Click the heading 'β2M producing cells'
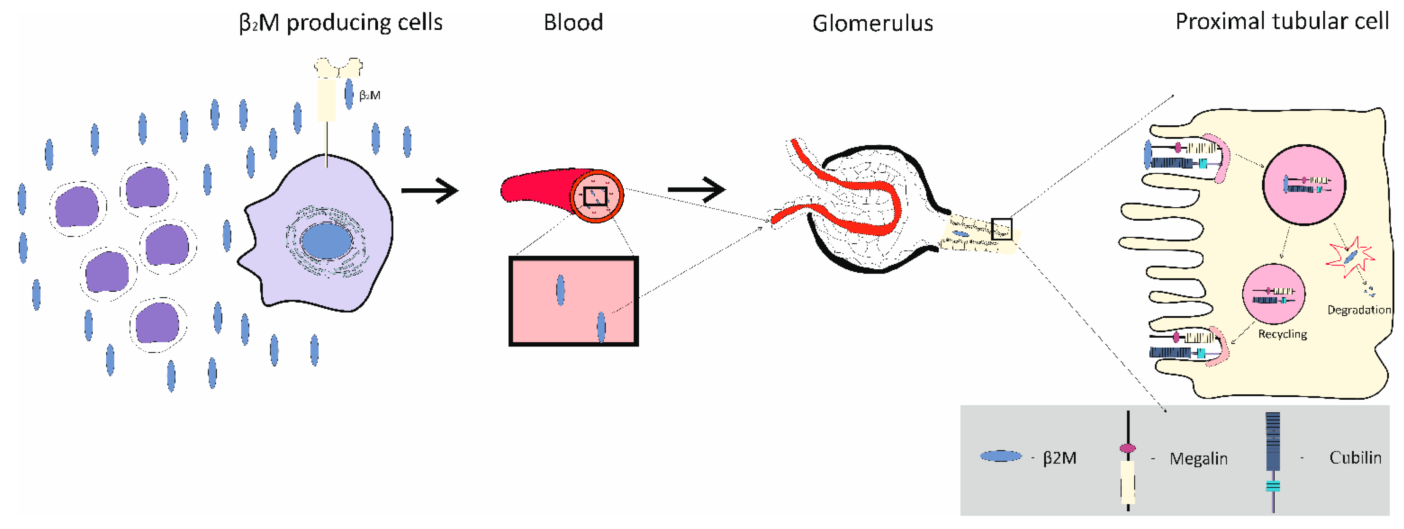coord(341,23)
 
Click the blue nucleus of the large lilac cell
coord(326,241)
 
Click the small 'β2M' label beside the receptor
coord(370,96)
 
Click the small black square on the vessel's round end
coord(595,196)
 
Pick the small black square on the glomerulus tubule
coord(1001,229)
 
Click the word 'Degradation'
coord(1359,310)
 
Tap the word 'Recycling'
coord(1282,334)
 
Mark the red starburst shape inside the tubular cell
coord(1350,257)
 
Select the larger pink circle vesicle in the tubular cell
coord(1304,185)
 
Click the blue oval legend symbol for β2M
coord(1000,456)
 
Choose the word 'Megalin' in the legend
coord(1198,459)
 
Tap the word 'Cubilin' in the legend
coord(1355,458)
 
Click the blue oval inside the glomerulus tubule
coord(961,234)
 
